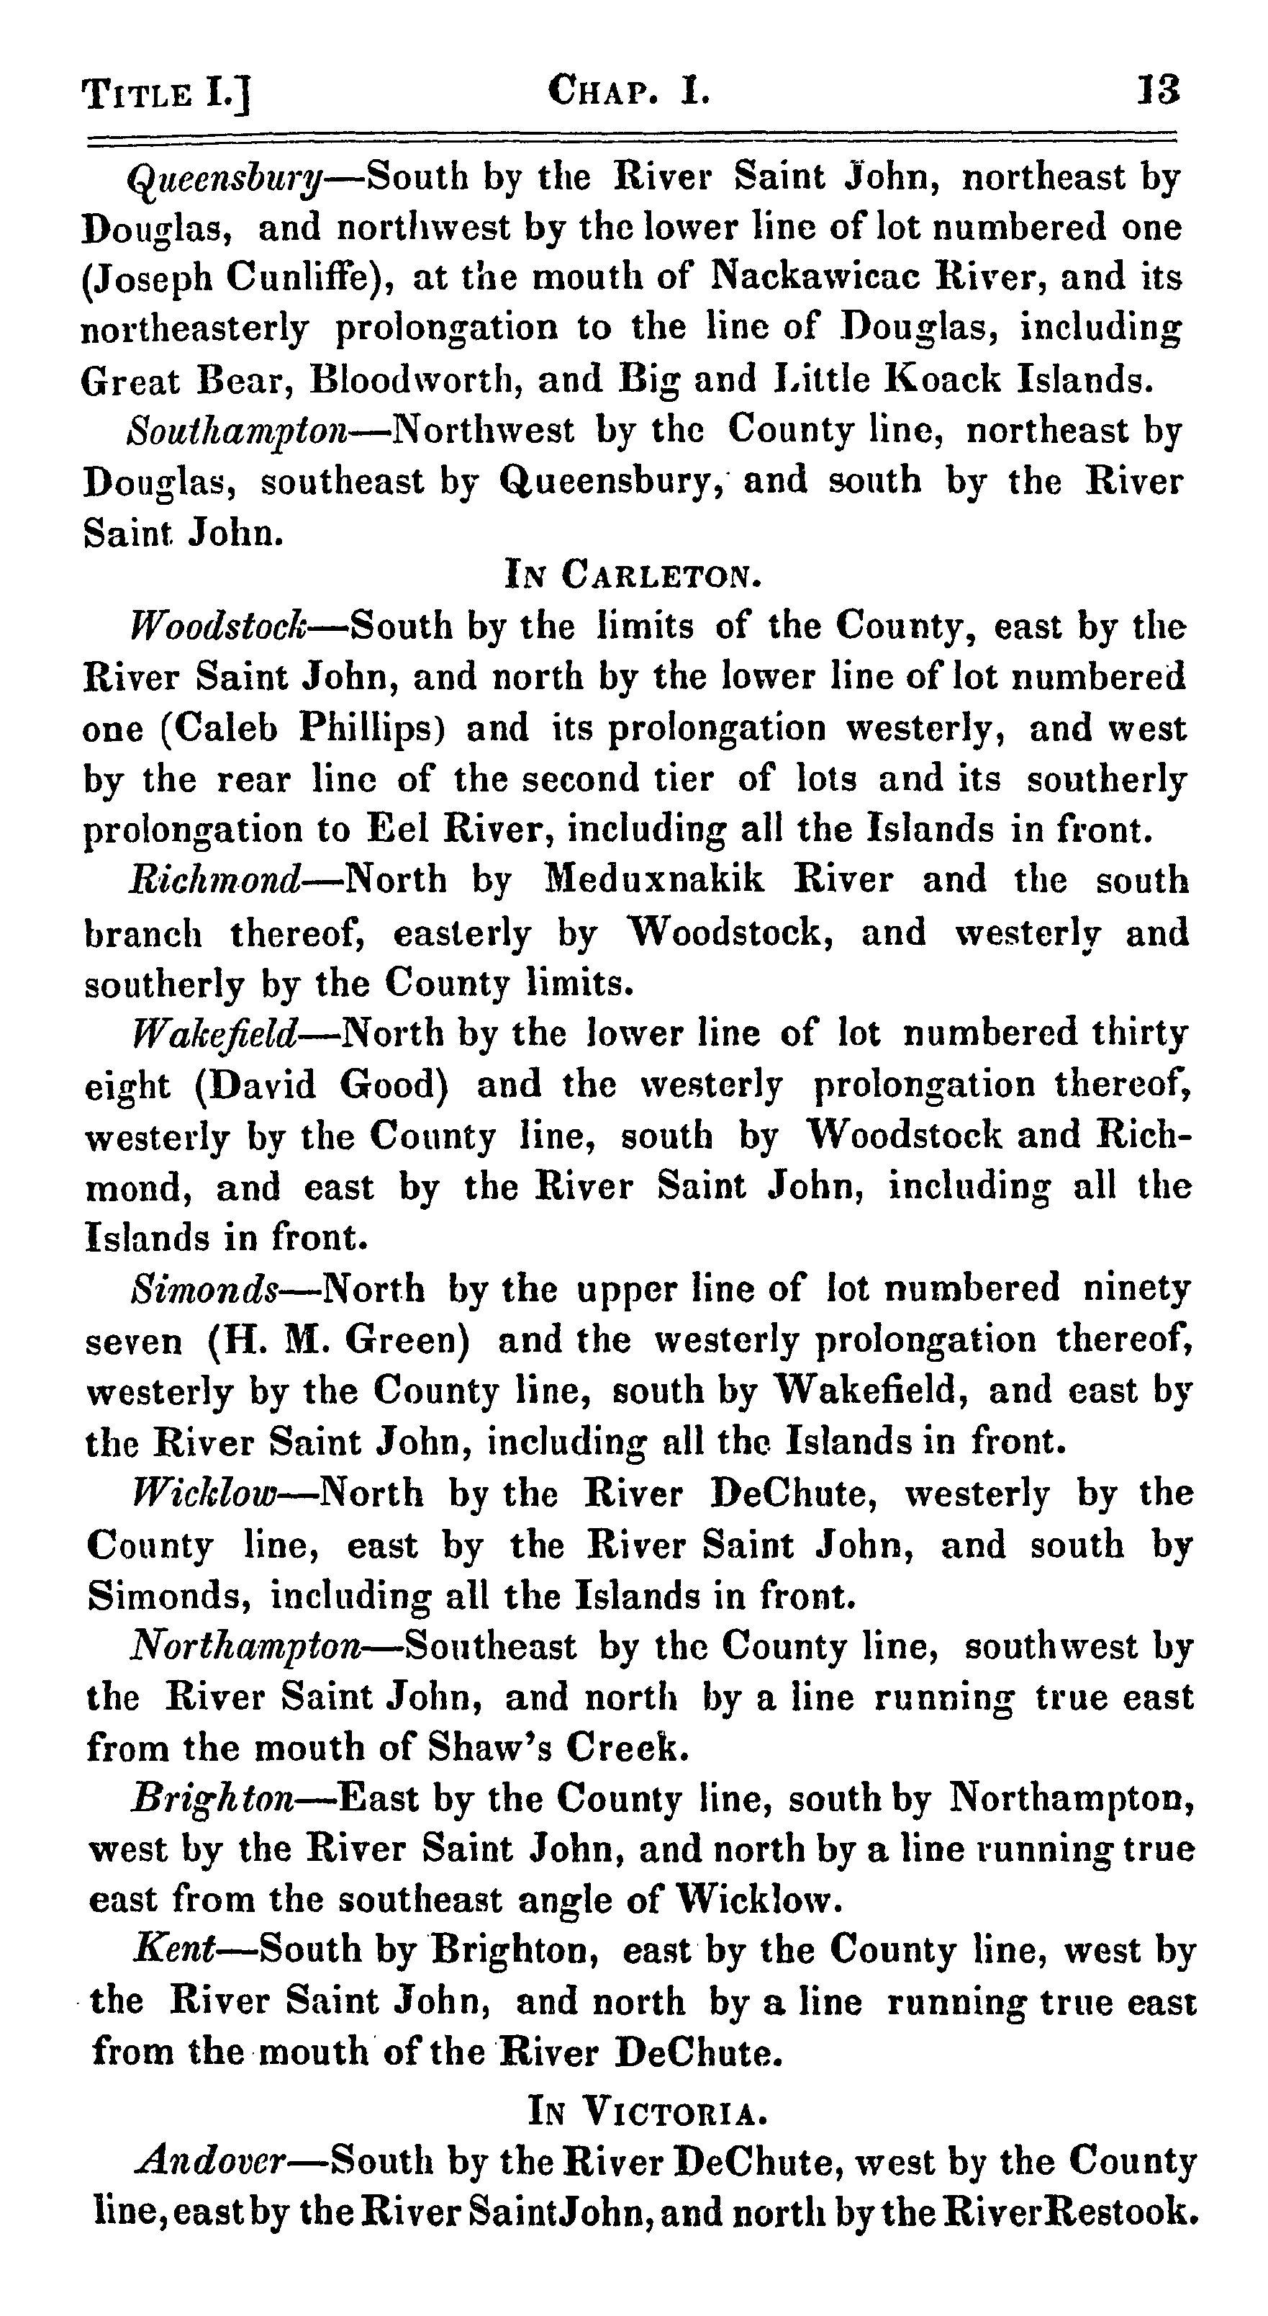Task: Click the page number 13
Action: (x=1157, y=91)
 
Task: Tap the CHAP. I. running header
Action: (x=628, y=91)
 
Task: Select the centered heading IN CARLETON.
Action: (x=633, y=575)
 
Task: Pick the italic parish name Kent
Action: (x=174, y=1948)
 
